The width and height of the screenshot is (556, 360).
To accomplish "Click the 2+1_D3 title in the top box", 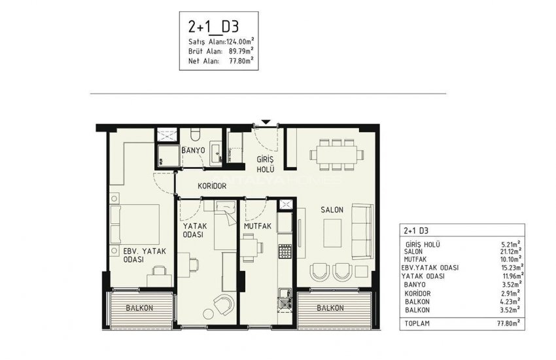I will [213, 27].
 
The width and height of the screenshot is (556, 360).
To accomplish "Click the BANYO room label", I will [194, 151].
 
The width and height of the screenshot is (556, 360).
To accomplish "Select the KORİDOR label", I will [212, 187].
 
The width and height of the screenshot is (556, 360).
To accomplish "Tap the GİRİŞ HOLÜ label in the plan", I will [265, 165].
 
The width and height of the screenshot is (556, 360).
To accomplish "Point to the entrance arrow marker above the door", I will [266, 122].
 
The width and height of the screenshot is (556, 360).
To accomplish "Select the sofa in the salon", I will [362, 230].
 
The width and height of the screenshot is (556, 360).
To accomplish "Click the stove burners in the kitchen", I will [285, 251].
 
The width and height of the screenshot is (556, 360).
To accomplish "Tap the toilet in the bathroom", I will [194, 135].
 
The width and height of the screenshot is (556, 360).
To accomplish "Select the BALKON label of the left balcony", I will [140, 308].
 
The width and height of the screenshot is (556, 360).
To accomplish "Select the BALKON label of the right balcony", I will [329, 308].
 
